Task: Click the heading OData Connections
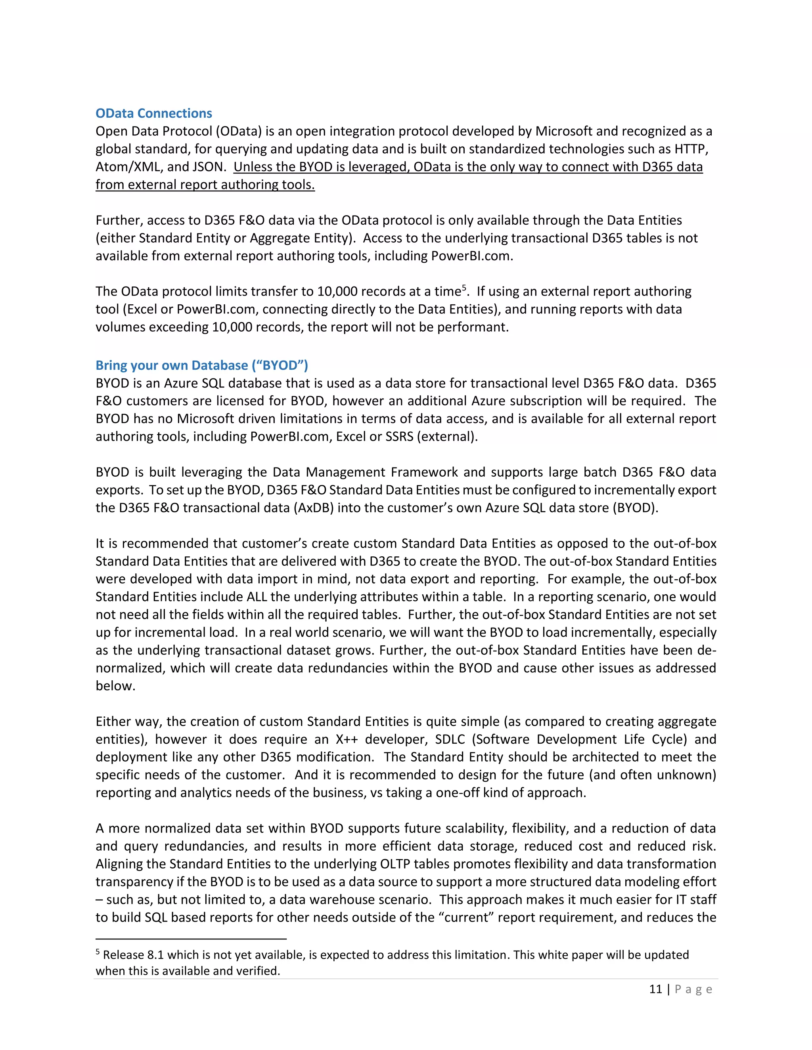point(153,113)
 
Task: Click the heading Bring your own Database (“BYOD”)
point(201,365)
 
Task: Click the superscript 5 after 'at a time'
point(464,288)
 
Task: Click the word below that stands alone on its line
point(115,685)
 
